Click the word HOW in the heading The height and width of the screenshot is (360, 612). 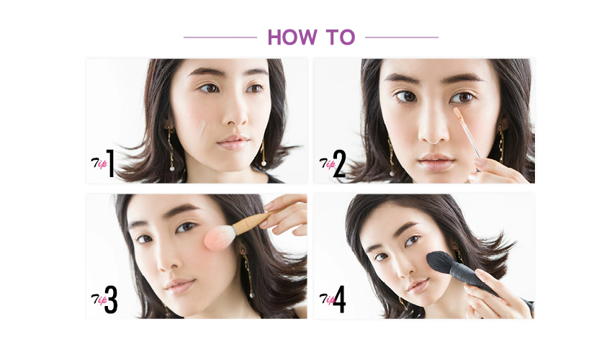point(292,37)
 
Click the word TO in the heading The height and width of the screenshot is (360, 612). point(341,37)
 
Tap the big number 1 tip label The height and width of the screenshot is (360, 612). point(110,163)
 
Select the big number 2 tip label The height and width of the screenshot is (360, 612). point(340,163)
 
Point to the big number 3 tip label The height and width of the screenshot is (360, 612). point(111,300)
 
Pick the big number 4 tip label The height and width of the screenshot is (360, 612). point(339,300)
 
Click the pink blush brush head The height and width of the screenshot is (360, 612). point(220,237)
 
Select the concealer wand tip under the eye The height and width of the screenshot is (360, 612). point(457,113)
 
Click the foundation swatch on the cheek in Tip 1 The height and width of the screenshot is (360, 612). point(200,132)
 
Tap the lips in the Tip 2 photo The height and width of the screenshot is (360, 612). point(436,162)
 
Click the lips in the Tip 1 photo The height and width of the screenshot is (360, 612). point(233,142)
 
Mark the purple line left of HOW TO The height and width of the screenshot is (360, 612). point(220,37)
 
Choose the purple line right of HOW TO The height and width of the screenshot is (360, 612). point(402,37)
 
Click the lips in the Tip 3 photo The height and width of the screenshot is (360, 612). point(180,286)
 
